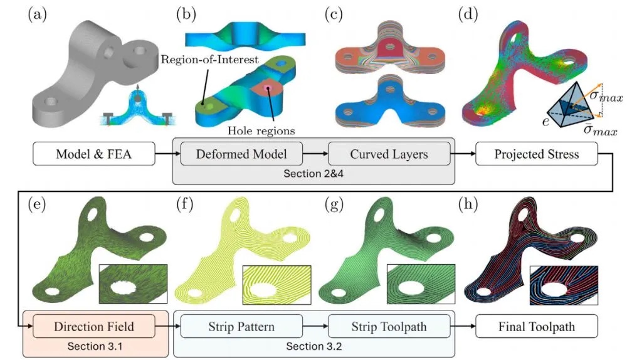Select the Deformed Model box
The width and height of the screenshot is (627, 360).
[241, 153]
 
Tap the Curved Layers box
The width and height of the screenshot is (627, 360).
[389, 153]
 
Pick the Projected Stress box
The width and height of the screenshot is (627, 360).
[537, 153]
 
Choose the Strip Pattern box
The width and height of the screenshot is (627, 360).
[241, 326]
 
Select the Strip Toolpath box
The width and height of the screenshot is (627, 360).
[389, 326]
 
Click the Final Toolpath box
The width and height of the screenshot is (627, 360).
[537, 326]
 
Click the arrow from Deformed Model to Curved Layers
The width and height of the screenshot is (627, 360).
[315, 153]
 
